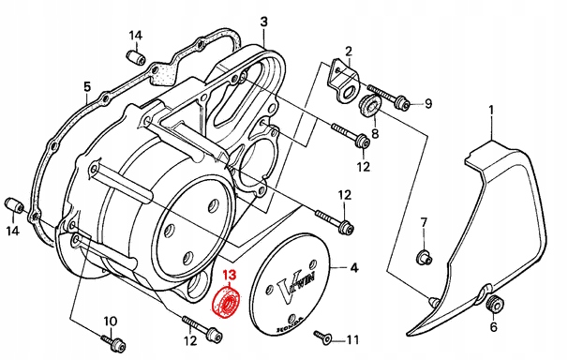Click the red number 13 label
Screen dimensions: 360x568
tap(229, 277)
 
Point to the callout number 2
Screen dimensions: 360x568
tap(348, 51)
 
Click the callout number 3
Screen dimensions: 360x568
tap(263, 21)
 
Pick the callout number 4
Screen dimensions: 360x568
tap(353, 268)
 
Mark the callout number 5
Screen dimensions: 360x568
tap(86, 90)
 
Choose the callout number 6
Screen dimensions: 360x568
tap(493, 327)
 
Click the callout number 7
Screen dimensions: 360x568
tap(423, 222)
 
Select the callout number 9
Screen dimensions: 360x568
tap(428, 103)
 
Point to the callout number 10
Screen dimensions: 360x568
tap(110, 322)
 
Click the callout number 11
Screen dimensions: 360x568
tap(352, 339)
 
